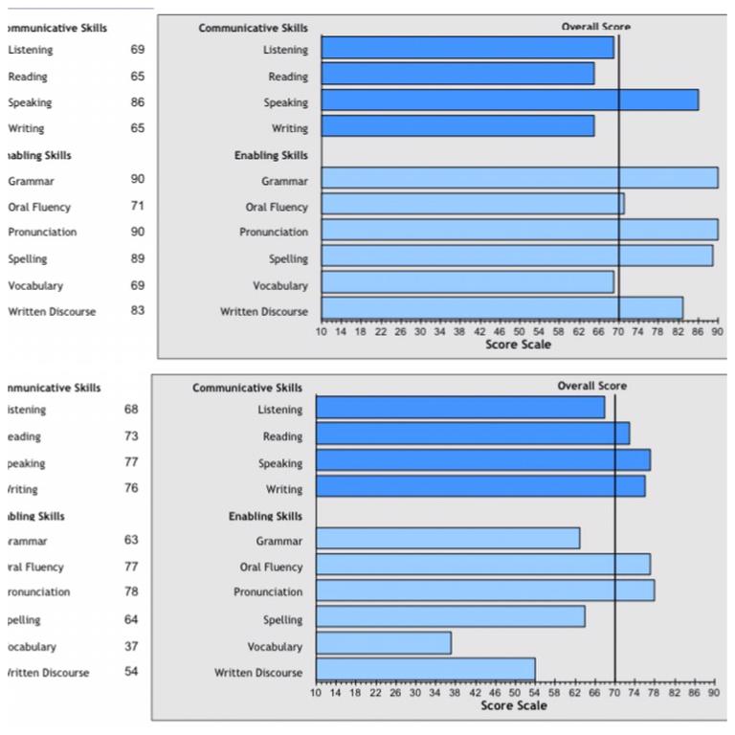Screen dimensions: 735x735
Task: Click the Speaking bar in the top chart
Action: coord(509,100)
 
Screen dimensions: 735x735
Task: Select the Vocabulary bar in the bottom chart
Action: coord(383,643)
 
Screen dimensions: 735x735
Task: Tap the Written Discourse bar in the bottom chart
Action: coord(425,669)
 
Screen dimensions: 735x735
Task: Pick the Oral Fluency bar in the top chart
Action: coord(472,204)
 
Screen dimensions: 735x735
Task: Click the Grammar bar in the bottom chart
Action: coord(447,539)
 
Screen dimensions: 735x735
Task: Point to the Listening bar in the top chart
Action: coord(467,48)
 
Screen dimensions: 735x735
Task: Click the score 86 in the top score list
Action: coord(138,101)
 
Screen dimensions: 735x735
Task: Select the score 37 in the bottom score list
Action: coord(131,646)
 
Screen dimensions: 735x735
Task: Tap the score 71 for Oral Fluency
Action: coord(138,206)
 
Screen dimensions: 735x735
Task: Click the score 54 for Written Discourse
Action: coord(131,672)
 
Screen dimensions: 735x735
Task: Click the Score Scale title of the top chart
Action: coord(518,345)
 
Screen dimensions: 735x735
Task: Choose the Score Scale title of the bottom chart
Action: coord(514,705)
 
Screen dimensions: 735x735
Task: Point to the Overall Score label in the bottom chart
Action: coord(591,386)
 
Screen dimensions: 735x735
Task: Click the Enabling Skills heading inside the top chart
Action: coord(271,154)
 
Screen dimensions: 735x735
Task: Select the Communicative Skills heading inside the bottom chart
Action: coord(247,388)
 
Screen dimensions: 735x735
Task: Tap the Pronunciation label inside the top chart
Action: coord(274,232)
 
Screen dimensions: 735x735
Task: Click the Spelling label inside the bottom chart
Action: coord(282,620)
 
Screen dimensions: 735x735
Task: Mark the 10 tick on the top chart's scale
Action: coord(322,331)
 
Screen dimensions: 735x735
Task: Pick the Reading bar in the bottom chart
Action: coord(472,434)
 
